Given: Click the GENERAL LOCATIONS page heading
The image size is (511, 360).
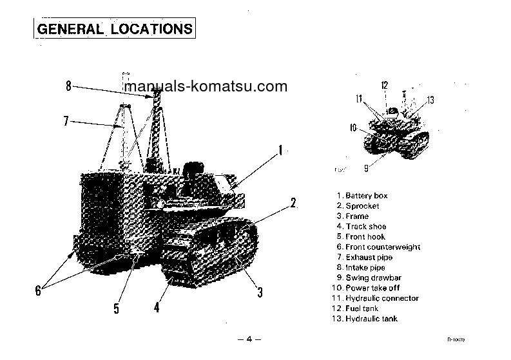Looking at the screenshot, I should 114,29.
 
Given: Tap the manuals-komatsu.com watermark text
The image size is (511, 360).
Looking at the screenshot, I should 205,86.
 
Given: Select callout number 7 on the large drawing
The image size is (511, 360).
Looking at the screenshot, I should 66,120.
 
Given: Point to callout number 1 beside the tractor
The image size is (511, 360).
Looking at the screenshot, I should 280,151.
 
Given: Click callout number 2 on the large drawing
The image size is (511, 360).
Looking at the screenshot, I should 293,204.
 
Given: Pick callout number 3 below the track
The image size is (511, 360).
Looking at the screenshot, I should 260,292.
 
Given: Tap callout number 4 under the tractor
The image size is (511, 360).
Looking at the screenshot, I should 156,307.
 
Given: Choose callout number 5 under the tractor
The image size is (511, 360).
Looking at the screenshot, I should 117,308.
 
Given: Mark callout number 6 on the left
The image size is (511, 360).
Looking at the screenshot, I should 38,291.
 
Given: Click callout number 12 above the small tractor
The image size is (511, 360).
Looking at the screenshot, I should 384,85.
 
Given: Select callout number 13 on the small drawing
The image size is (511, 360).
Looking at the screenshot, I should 430,100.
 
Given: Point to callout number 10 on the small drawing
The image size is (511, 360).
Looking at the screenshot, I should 353,128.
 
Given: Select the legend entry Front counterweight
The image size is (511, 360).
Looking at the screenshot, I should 378,247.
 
